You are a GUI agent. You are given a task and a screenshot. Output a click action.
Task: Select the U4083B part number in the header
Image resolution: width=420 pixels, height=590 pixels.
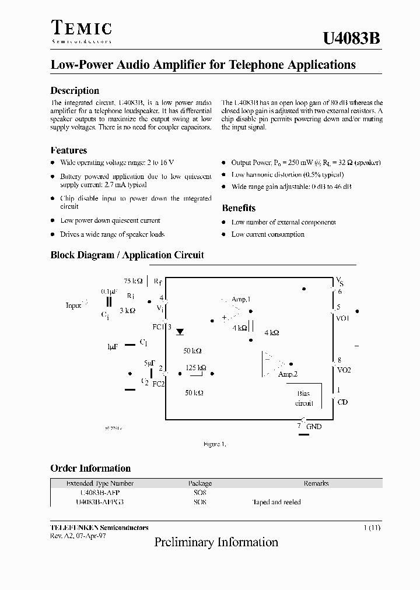352,38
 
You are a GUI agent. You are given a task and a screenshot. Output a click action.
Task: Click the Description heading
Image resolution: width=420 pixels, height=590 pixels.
75,90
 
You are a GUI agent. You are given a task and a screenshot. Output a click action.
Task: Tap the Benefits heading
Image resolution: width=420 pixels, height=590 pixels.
239,208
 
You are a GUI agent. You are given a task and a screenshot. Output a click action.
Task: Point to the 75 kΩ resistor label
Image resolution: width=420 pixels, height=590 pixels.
133,280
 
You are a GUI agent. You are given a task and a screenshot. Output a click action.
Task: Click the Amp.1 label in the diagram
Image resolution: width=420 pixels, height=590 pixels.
241,299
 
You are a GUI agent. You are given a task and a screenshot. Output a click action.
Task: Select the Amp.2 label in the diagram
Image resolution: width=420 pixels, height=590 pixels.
288,374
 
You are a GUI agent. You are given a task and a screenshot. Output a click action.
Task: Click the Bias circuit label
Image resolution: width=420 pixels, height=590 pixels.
304,398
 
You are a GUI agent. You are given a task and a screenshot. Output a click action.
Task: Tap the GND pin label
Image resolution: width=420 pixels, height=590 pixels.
314,427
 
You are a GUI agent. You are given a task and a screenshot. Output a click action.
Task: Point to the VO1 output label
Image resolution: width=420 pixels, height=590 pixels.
343,318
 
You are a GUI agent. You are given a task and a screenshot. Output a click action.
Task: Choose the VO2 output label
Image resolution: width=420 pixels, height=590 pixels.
344,370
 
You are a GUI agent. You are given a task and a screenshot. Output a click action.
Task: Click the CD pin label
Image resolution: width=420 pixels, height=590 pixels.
342,402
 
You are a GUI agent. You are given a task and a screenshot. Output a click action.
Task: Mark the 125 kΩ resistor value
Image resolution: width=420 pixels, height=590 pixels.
195,368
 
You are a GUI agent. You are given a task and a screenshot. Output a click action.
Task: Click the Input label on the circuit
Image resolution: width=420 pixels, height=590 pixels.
74,305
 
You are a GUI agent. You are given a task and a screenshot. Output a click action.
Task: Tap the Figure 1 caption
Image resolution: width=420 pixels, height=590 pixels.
214,444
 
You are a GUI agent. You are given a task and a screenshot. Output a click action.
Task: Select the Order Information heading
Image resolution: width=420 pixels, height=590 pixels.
90,468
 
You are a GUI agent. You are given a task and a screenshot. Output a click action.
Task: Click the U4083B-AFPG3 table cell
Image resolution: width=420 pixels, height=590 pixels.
100,502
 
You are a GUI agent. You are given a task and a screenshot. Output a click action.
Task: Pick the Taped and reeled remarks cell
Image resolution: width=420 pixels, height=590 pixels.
276,502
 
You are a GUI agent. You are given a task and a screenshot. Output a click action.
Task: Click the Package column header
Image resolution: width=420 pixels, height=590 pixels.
200,483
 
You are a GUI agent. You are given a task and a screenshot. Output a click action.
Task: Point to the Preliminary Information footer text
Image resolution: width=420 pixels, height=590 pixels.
216,542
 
